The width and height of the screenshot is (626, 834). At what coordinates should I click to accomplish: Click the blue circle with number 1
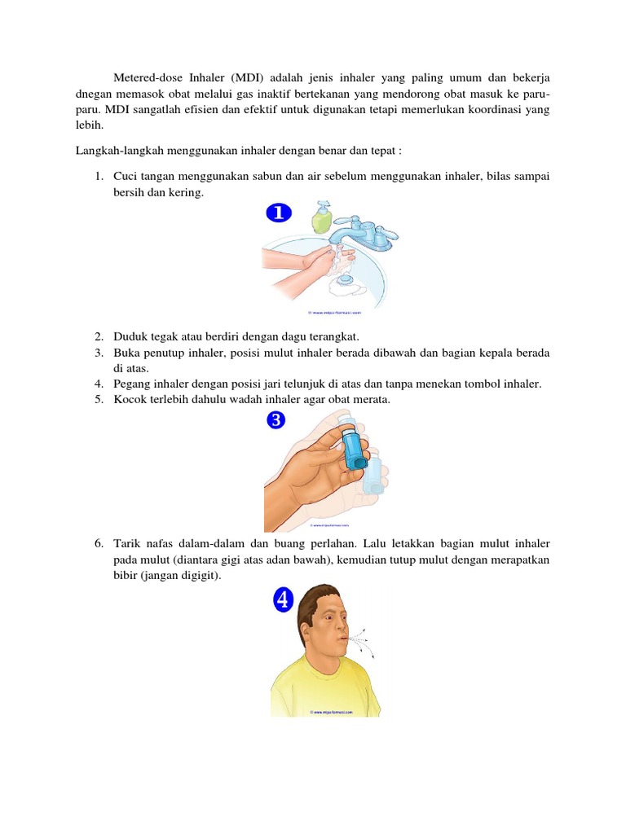click(x=278, y=213)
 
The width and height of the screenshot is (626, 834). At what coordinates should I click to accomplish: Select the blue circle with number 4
click(x=283, y=600)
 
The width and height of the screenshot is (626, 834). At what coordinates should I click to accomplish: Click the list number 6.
click(x=98, y=543)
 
